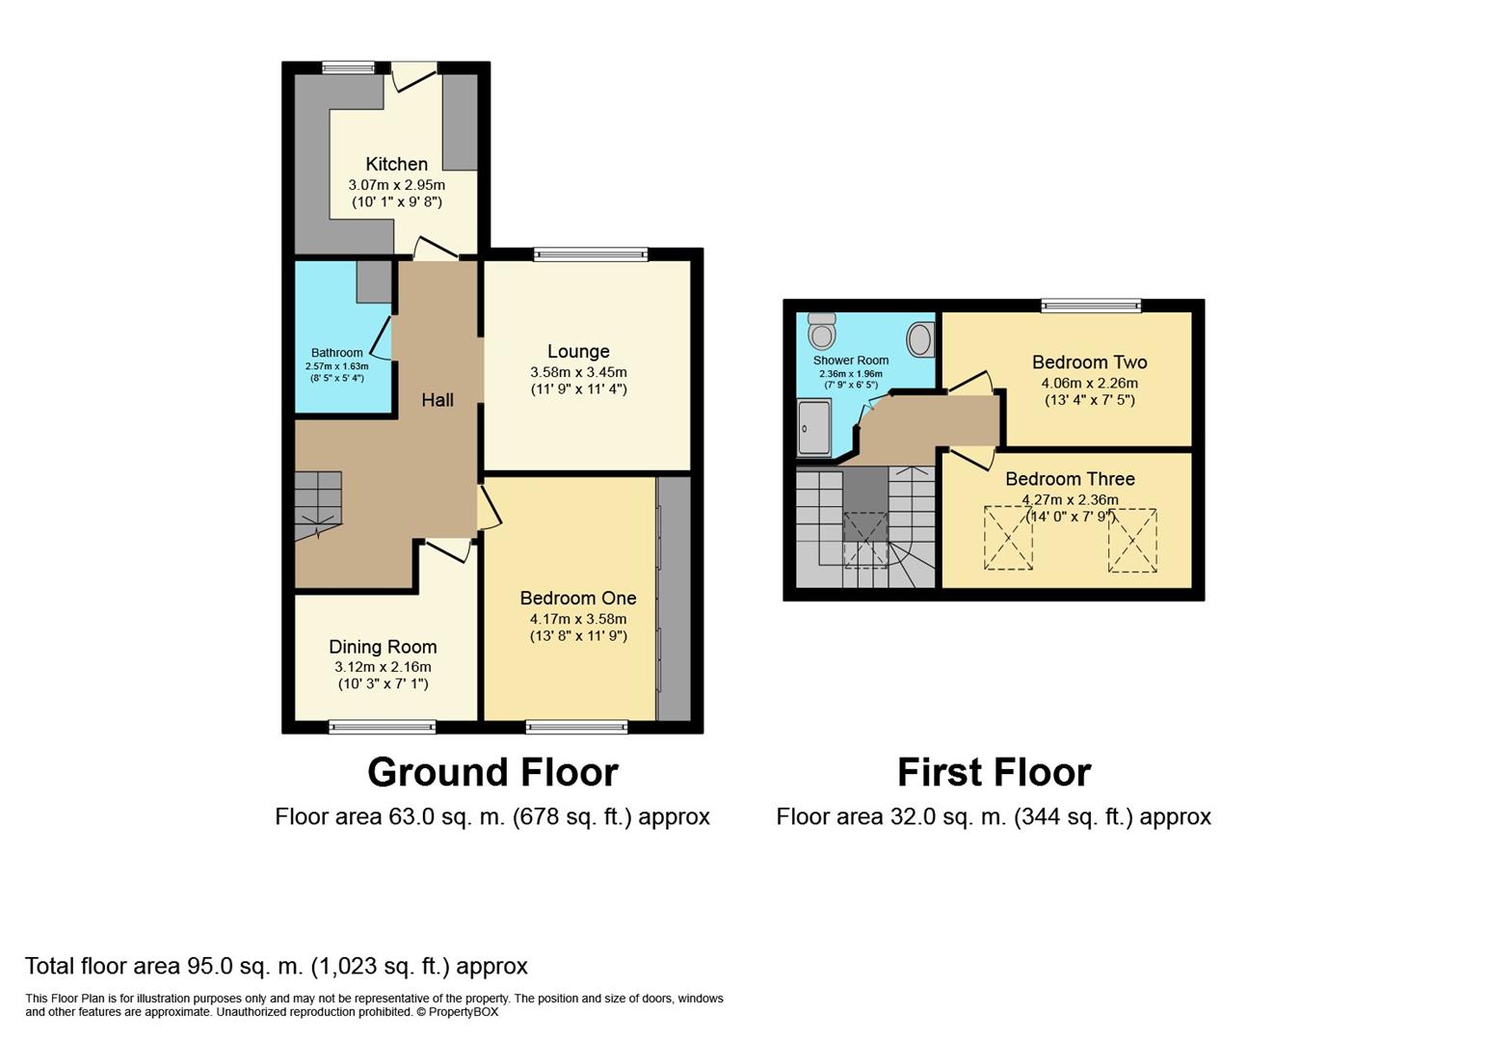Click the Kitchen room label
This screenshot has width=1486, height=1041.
pos(396,164)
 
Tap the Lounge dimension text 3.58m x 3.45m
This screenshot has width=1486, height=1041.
pos(578,372)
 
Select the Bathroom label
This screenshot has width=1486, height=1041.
pos(336,353)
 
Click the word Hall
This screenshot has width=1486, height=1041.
pos(438,399)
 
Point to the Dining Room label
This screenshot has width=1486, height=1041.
pos(383,647)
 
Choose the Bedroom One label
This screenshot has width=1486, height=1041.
pos(578,598)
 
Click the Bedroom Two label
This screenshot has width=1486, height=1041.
pos(1089,362)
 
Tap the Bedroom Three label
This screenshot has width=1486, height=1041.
pos(1070,479)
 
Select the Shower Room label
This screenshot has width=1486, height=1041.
pos(850,360)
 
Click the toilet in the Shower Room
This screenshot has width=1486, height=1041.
pos(822,331)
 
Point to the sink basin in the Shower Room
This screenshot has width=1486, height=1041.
pos(920,339)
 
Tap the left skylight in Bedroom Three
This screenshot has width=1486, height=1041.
pos(1008,539)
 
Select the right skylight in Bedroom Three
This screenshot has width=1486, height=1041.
pos(1132,541)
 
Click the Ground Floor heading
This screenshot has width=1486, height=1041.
pos(492,772)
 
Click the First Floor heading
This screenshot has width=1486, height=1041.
pos(994,772)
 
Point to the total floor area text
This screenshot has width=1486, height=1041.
pos(276,966)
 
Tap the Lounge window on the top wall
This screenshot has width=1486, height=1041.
pos(591,254)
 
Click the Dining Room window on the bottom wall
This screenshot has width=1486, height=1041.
pos(383,727)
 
